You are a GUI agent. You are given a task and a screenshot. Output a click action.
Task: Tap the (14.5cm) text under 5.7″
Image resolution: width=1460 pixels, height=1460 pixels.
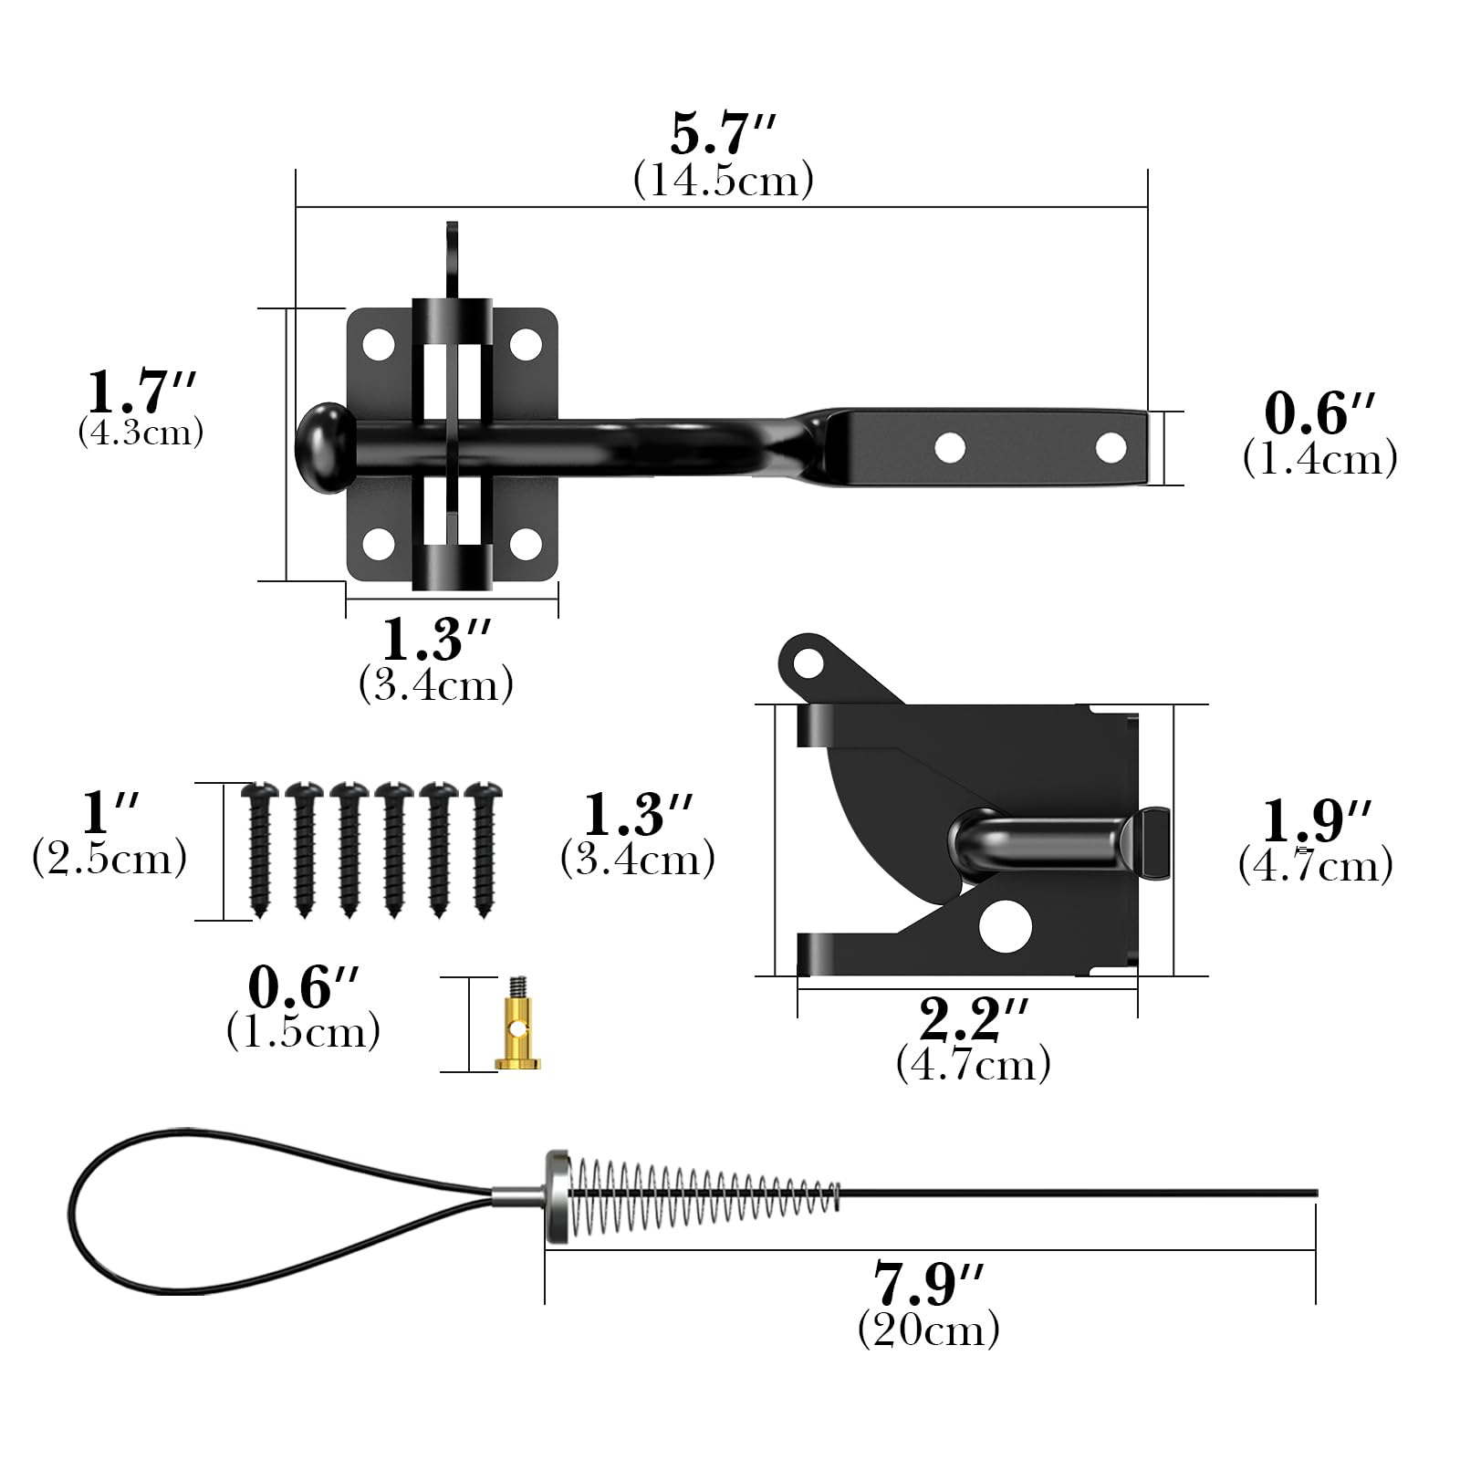tap(723, 181)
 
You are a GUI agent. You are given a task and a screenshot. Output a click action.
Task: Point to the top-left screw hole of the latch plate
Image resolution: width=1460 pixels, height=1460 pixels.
tap(379, 345)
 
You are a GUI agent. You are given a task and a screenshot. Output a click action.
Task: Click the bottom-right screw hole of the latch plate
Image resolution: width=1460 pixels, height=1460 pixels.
tap(526, 544)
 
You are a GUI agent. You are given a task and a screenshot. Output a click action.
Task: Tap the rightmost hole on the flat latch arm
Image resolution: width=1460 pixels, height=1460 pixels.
tap(1111, 448)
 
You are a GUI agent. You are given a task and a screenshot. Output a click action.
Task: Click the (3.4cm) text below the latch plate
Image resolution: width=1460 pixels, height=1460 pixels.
tap(436, 684)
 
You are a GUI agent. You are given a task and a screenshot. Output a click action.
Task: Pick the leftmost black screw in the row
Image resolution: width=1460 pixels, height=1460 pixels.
tap(260, 848)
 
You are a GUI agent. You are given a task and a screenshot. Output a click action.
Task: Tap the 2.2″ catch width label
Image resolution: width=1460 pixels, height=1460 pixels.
tap(974, 1019)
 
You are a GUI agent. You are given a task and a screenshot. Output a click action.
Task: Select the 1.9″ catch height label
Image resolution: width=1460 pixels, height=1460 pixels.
tap(1316, 820)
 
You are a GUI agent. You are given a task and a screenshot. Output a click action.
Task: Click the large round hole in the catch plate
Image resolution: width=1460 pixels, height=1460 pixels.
tap(1005, 926)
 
